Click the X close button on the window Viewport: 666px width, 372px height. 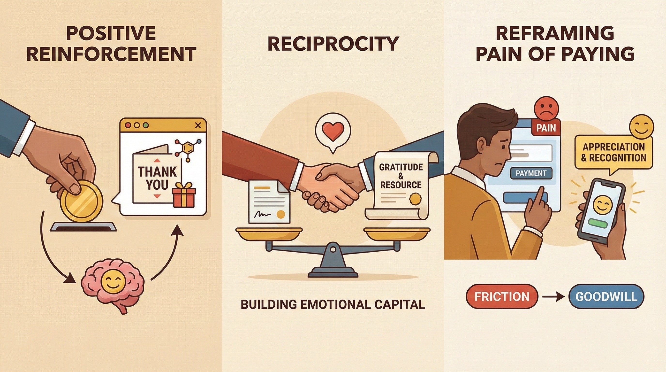[198, 125]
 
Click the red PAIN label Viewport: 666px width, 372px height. [546, 128]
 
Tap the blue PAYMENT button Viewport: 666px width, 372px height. [531, 173]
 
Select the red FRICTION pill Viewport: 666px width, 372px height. [502, 297]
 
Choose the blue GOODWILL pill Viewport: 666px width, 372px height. [606, 297]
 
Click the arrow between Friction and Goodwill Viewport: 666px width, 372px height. [553, 297]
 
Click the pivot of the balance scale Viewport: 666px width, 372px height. [333, 250]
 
